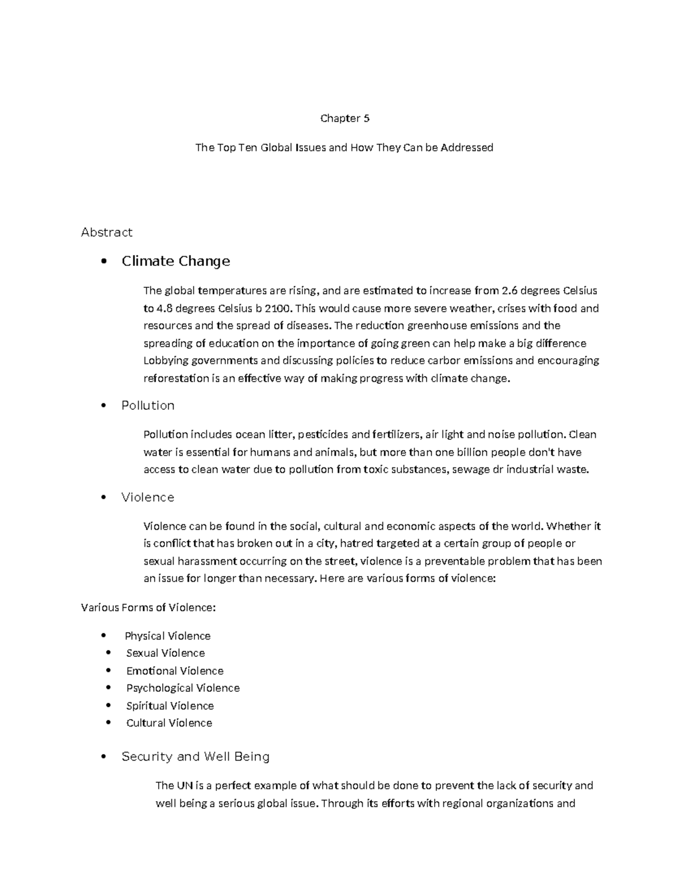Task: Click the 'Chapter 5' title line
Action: [x=344, y=119]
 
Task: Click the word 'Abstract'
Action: [x=106, y=232]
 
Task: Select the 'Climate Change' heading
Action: [x=175, y=261]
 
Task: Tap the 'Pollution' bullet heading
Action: [x=148, y=405]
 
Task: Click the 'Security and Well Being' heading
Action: [x=195, y=756]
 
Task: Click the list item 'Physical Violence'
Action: [x=167, y=636]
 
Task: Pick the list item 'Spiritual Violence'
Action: [x=170, y=706]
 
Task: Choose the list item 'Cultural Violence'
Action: [x=169, y=723]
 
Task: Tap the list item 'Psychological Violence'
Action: [x=183, y=688]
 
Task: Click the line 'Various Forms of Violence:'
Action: [x=148, y=607]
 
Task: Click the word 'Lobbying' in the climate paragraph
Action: [x=165, y=361]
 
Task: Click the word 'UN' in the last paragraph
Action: [x=184, y=786]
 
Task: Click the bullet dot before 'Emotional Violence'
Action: [x=109, y=671]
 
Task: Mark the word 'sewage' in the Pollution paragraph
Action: [x=471, y=470]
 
